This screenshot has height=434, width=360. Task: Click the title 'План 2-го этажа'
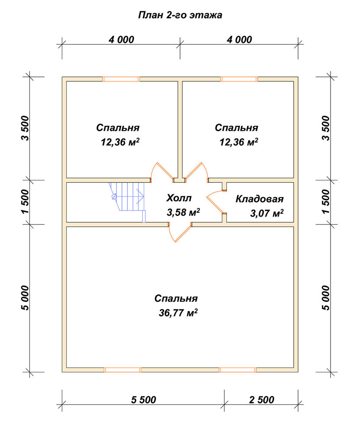point(180,15)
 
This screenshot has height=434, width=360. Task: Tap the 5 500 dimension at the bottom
point(144,400)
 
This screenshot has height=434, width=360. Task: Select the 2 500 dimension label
point(262,400)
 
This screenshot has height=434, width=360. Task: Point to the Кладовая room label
point(259,199)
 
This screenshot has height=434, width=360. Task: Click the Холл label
point(179,198)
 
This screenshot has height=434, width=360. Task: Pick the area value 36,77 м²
point(178,312)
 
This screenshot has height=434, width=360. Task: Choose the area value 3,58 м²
point(183,212)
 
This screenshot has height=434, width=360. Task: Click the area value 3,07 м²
point(267,214)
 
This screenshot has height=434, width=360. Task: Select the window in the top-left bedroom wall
point(121,79)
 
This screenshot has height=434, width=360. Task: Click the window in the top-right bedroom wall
point(239,79)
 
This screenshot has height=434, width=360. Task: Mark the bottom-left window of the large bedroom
point(123,370)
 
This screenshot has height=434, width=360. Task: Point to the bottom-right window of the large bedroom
point(238,370)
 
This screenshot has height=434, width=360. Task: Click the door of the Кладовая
point(216,202)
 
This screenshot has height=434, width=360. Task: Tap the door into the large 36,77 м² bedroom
point(180,232)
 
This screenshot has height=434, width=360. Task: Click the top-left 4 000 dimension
point(121,39)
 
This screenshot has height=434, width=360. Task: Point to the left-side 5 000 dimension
point(25,298)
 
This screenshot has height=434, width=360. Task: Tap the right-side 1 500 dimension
point(326,201)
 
